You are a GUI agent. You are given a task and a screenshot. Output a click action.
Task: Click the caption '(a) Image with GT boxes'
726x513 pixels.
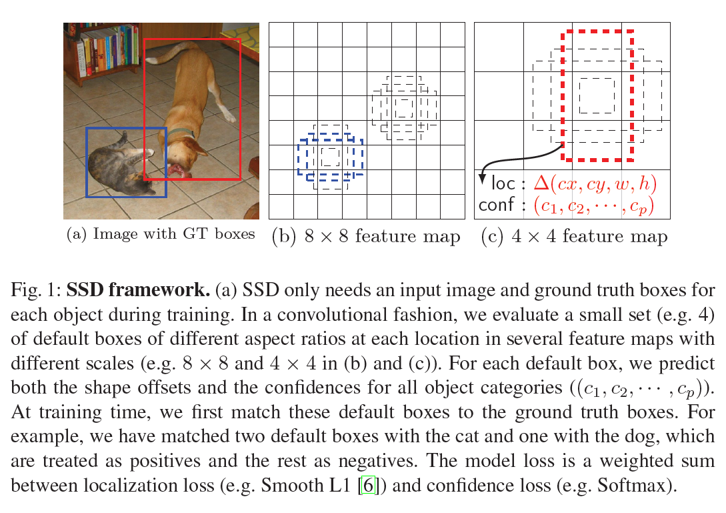pos(161,233)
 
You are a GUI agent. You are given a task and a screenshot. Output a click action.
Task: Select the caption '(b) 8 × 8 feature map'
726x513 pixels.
pos(366,236)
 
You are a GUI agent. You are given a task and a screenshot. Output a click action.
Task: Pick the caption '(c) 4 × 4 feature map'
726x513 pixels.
pos(574,236)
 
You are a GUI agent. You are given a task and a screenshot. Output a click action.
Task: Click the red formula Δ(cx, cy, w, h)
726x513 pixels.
pos(595,183)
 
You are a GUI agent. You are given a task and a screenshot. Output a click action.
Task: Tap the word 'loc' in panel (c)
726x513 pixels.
pos(503,183)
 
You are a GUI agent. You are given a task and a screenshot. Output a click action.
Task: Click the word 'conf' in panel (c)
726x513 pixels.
pos(497,204)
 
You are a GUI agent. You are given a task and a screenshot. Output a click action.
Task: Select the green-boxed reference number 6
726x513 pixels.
pos(368,485)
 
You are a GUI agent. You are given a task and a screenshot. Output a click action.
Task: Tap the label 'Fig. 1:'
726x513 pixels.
pos(36,290)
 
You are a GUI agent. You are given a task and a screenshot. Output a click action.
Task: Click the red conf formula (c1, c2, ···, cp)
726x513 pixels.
pos(594,205)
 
